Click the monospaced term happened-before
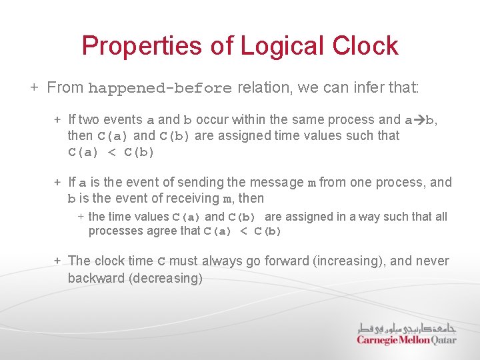point(160,89)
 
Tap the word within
point(245,120)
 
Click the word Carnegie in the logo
point(378,341)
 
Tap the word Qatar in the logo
point(442,341)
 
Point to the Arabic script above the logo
point(407,328)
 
